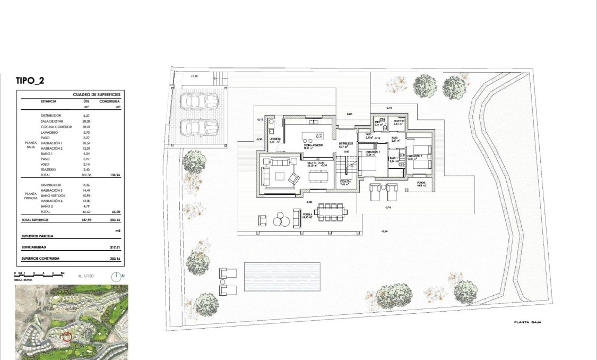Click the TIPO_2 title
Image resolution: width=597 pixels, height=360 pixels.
pyautogui.click(x=34, y=81)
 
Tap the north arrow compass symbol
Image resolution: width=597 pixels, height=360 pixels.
pyautogui.click(x=117, y=276)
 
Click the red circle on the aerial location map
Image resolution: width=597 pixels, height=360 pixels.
pyautogui.click(x=67, y=336)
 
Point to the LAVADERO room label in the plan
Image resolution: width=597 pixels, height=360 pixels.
pyautogui.click(x=274, y=139)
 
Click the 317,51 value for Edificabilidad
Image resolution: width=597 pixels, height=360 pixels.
pyautogui.click(x=113, y=247)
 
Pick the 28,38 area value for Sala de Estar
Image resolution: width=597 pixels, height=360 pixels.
pyautogui.click(x=87, y=121)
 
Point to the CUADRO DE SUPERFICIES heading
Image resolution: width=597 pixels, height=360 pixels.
pyautogui.click(x=97, y=95)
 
